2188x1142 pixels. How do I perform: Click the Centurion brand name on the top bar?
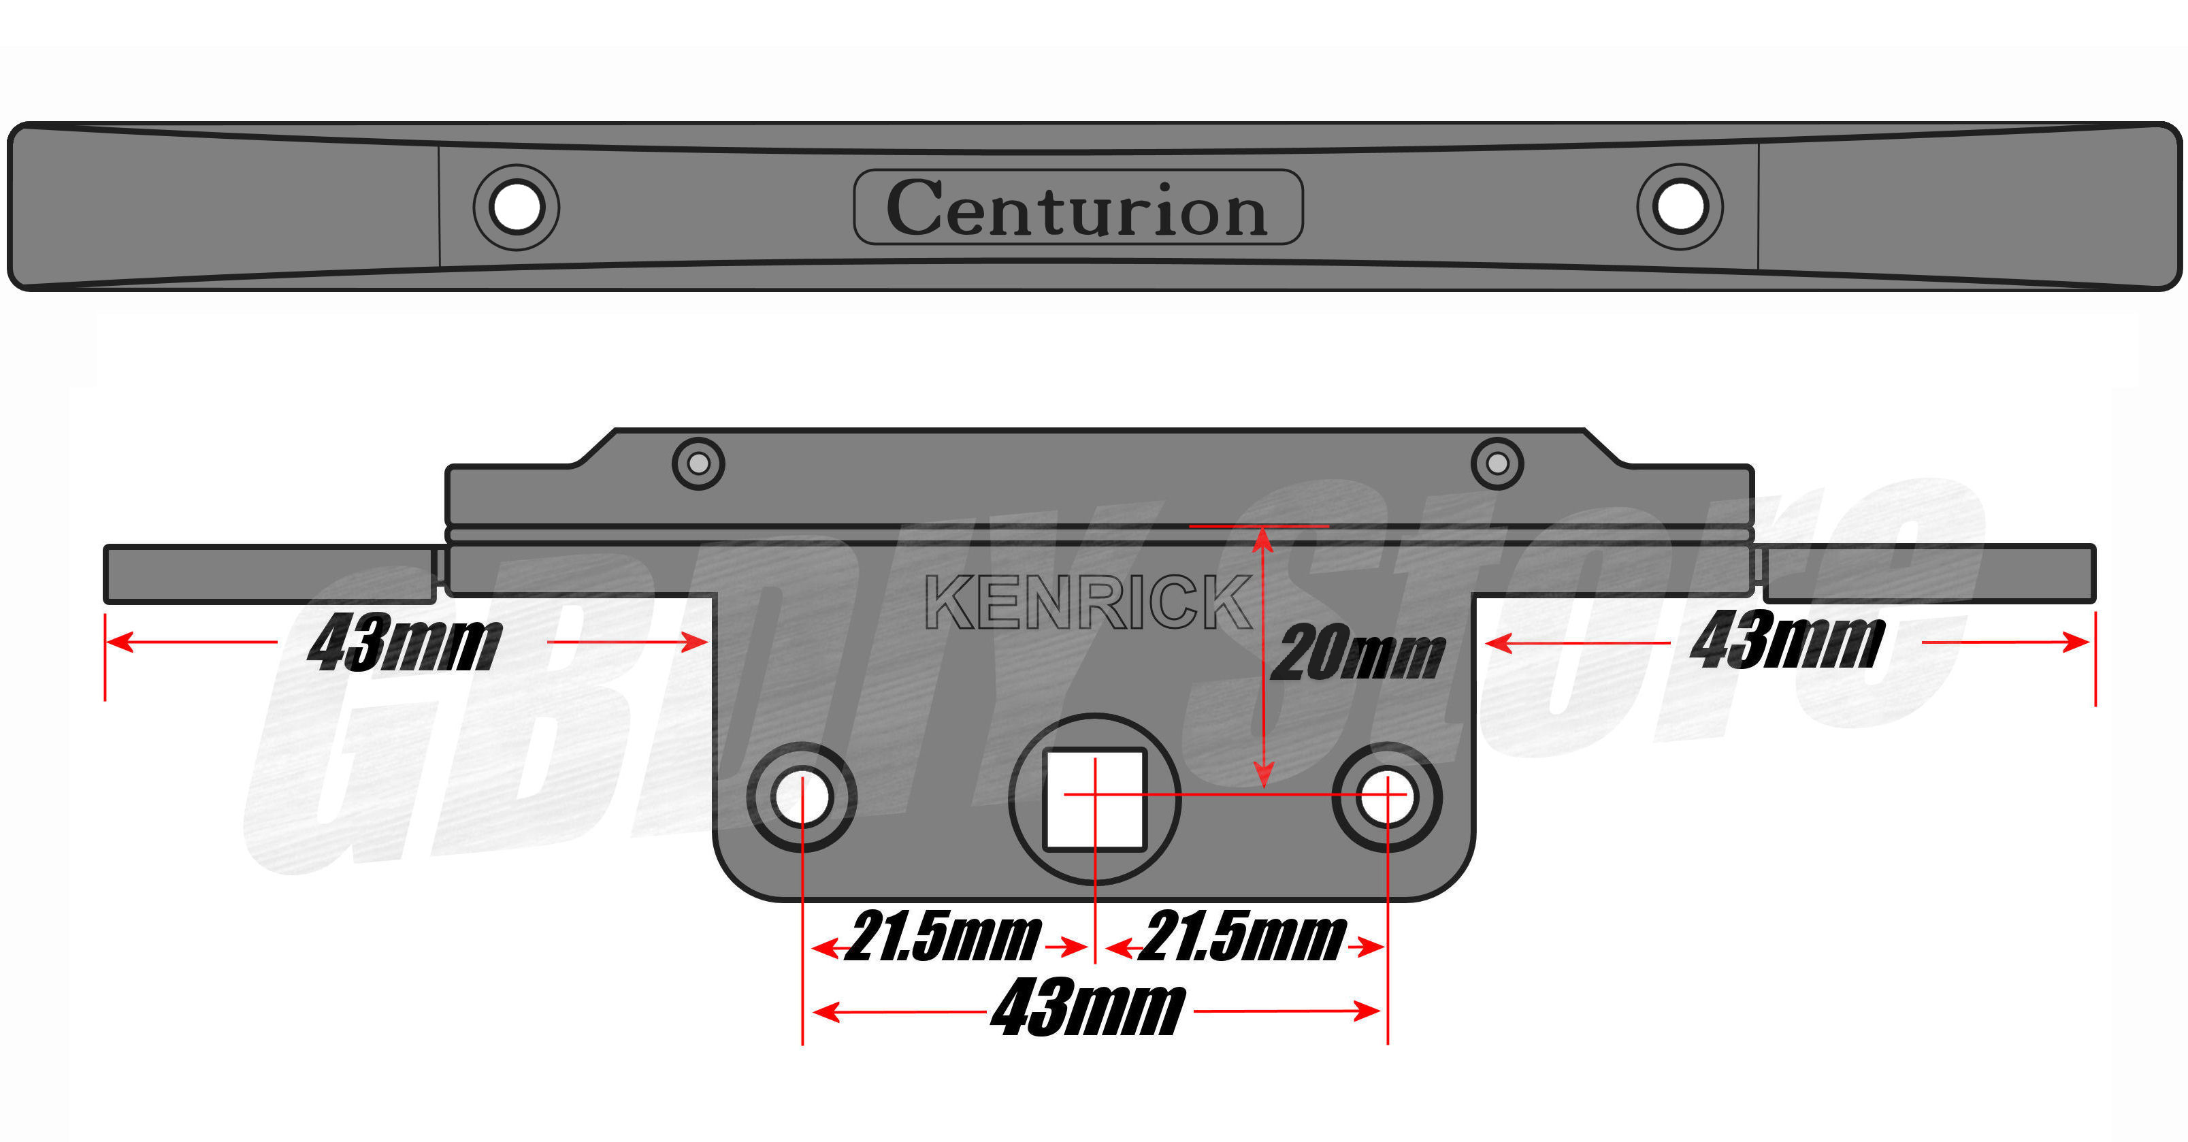pos(1077,208)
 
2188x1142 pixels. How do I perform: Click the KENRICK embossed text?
pos(1088,602)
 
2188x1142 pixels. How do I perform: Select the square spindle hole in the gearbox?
pos(1095,799)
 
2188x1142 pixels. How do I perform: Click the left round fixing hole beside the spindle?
pos(802,797)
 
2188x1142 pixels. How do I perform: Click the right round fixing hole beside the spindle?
pos(1387,797)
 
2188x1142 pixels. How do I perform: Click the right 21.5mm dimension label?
pos(1243,937)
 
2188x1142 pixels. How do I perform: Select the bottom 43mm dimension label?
pos(1088,1009)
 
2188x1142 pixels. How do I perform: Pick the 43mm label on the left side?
pos(404,642)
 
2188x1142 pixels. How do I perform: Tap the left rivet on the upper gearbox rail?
pos(698,464)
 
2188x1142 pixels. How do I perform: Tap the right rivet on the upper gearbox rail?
pos(1497,464)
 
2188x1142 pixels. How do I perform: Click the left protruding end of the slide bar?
pos(268,574)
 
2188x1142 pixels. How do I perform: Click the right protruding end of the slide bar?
pos(1928,574)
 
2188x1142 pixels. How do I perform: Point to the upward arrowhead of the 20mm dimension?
pos(1264,539)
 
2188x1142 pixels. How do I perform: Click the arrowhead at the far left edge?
pos(119,642)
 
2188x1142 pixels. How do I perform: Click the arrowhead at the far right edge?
pos(2078,642)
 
